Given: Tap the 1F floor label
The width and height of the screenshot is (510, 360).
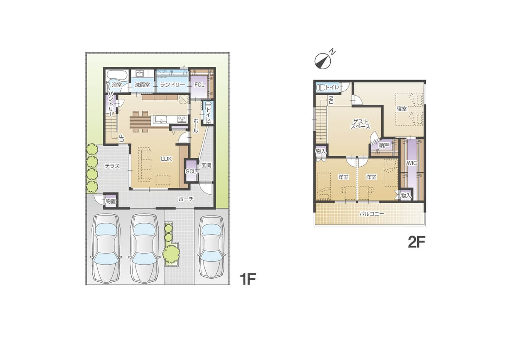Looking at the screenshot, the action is (x=248, y=279).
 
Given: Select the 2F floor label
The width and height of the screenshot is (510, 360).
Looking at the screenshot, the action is (x=416, y=242).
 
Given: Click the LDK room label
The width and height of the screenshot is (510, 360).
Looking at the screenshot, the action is (x=166, y=159).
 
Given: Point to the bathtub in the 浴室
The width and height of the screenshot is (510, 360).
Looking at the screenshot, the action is (x=116, y=75).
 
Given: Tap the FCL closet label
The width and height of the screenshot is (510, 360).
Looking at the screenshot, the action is (x=199, y=85).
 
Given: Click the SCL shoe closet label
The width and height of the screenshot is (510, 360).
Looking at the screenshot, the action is (x=191, y=171).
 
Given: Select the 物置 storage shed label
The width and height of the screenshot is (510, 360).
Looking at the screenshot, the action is (x=110, y=201).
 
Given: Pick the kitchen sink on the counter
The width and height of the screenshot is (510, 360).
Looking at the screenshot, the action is (x=161, y=119).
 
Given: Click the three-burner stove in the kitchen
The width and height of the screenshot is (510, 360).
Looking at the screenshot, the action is (x=182, y=119).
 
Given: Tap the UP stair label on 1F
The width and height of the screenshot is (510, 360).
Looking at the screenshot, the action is (x=122, y=138).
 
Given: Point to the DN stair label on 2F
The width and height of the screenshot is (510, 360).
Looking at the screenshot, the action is (x=331, y=100).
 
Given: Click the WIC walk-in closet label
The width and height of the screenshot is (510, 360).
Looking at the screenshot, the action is (x=412, y=163).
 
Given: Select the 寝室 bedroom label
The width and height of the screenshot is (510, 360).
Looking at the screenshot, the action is (x=402, y=109).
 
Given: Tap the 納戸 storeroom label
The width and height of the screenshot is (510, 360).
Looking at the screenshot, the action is (x=384, y=145).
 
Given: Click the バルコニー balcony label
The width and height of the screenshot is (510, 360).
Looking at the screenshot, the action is (x=372, y=214).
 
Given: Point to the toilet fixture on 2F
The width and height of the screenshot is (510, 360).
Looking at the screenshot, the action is (x=321, y=88).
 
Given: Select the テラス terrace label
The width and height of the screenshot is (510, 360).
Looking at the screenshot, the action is (x=112, y=166).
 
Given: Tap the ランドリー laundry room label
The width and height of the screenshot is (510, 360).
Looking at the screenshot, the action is (x=173, y=85).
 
